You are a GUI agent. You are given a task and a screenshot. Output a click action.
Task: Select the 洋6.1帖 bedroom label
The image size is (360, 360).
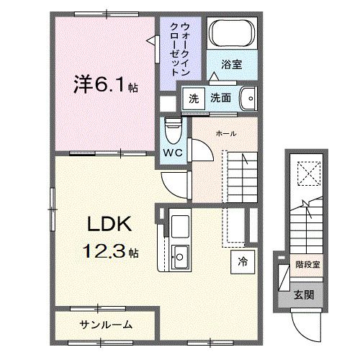coord(101,85)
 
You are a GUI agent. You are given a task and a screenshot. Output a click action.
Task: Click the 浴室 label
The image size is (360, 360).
coord(231,65)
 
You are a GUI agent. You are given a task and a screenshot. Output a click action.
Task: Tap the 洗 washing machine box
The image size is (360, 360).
coord(193,99)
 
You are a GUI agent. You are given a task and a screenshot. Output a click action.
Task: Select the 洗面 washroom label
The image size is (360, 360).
coord(220,99)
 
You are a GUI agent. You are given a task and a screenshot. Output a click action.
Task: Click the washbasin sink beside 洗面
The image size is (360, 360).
coord(246,98)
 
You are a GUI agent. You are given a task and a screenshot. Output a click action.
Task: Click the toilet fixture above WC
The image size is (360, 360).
coord(171,130)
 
